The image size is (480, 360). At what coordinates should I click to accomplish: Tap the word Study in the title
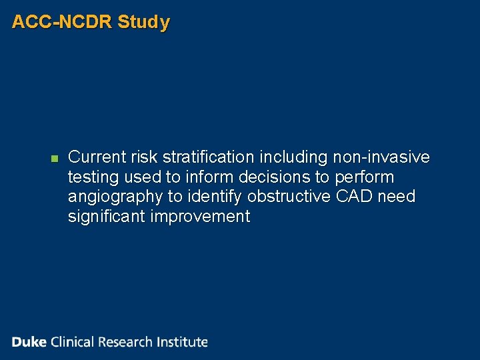click(143, 22)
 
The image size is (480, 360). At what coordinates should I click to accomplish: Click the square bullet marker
click(55, 159)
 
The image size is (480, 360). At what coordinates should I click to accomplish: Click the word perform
click(365, 177)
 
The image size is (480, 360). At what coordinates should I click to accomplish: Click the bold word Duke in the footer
click(29, 342)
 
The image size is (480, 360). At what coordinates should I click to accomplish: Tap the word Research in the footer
click(126, 342)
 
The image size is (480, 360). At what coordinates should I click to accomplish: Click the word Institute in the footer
click(183, 342)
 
